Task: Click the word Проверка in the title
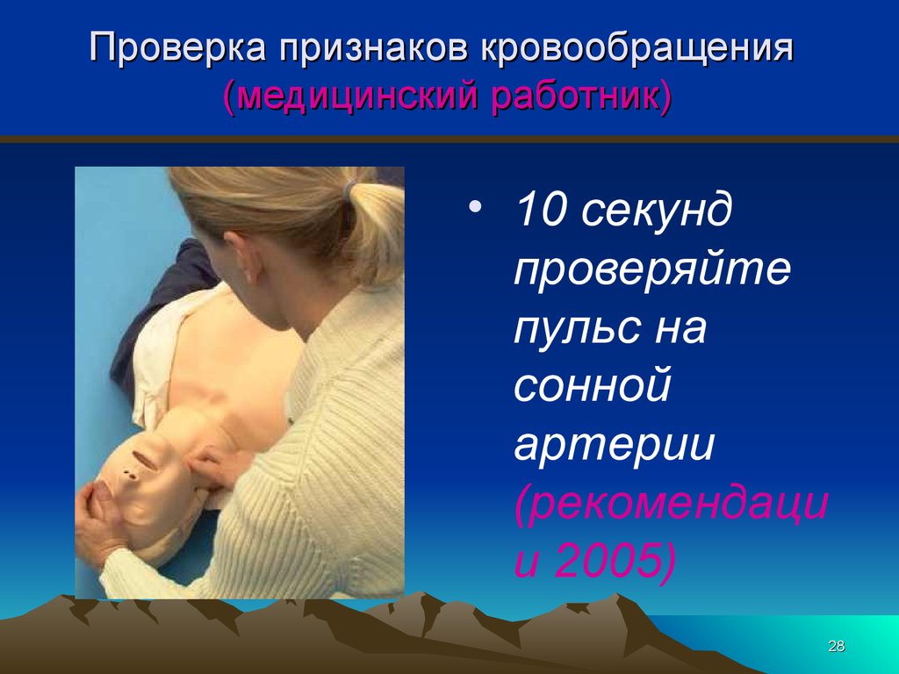177,47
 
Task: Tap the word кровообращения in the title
637,49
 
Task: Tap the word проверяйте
652,270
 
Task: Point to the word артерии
615,446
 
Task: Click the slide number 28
837,647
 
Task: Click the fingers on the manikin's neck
210,465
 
